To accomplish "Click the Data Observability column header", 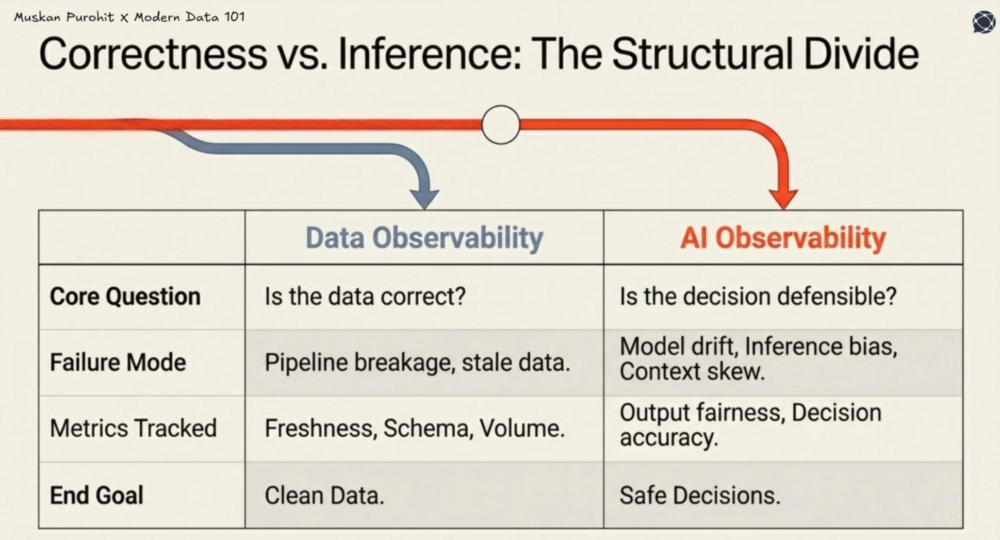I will pos(424,238).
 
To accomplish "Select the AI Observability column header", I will pos(782,238).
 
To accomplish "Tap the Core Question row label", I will pos(125,297).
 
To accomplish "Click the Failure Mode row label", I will pos(118,363).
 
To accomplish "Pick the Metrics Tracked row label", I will pos(133,429).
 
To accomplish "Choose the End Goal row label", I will pos(96,495).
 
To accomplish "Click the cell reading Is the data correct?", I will pos(365,297).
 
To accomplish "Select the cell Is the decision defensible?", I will pos(758,297).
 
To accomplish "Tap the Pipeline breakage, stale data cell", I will pos(417,363).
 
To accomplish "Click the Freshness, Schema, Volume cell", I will pos(414,429).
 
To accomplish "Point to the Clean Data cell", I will pos(324,495).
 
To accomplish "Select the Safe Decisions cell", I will pos(700,495).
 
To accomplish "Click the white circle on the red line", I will pos(500,125).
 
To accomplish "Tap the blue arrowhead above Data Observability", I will pos(424,198).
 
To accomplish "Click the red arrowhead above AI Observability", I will pos(783,198).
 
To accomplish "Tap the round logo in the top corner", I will pos(983,22).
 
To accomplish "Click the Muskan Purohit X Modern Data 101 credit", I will pos(129,17).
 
